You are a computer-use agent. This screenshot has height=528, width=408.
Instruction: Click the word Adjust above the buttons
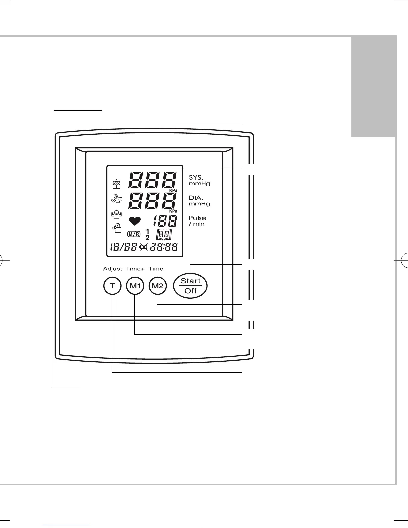pos(113,269)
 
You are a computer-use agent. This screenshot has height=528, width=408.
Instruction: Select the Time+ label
pos(135,269)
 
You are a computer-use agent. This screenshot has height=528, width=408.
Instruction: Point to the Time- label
pos(157,269)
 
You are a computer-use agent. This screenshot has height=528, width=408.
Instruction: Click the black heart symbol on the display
pos(135,221)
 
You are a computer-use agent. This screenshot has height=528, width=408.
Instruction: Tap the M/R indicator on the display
pos(134,234)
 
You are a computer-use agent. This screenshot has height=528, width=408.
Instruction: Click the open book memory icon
pos(164,235)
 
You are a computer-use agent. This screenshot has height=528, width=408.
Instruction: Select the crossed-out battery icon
pos(144,247)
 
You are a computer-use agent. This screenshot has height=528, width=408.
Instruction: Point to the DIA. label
pos(196,198)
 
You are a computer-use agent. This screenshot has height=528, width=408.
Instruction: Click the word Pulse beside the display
pos(197,218)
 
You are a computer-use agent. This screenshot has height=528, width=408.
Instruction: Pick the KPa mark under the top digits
pos(173,190)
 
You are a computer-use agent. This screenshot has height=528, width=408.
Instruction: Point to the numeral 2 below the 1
pos(147,238)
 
